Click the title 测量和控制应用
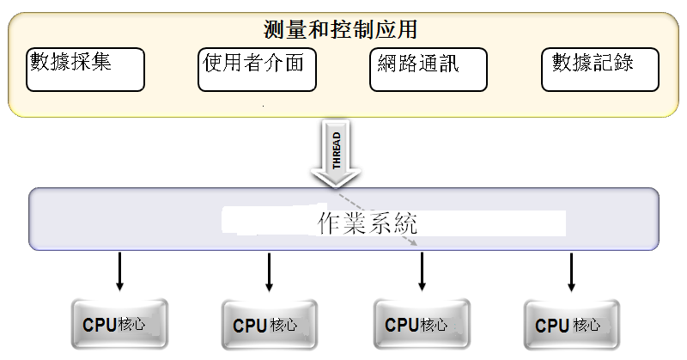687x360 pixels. [x=341, y=30]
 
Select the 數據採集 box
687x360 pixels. [x=86, y=69]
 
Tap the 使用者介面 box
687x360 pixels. [x=256, y=69]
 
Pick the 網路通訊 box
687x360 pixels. [x=429, y=70]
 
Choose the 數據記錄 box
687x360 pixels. [x=599, y=69]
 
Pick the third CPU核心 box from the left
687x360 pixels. [x=422, y=326]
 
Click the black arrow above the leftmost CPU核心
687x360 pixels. [x=120, y=272]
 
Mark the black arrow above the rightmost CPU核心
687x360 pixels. [x=571, y=272]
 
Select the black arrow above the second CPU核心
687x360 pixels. [x=269, y=272]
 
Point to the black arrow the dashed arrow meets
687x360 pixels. [x=422, y=272]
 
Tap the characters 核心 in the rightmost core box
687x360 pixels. [x=587, y=326]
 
